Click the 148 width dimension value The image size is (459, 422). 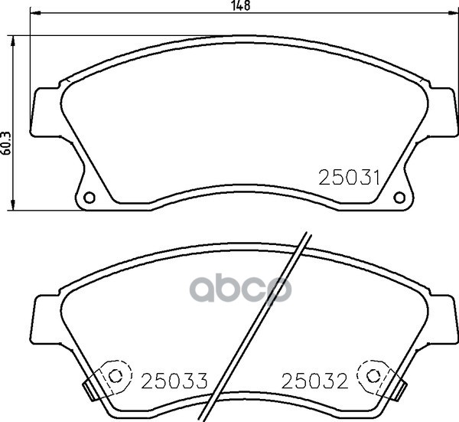point(241,5)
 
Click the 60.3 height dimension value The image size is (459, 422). point(7,143)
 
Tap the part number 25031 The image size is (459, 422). point(349,178)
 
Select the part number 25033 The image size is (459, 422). point(174,381)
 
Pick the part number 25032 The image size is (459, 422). point(314,381)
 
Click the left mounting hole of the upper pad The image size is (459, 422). point(90,198)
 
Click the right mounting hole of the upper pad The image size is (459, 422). point(399,198)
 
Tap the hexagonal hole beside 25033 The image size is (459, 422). point(116,376)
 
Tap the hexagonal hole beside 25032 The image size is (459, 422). point(373,376)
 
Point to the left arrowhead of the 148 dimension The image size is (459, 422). point(35,13)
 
